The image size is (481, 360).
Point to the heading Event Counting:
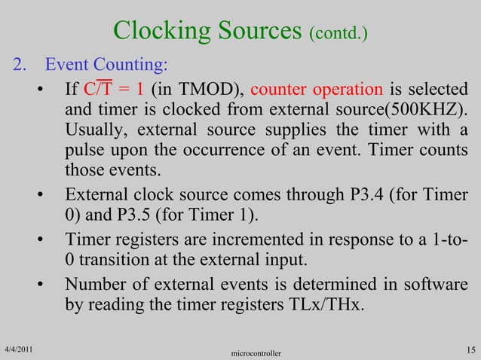click(x=106, y=63)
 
